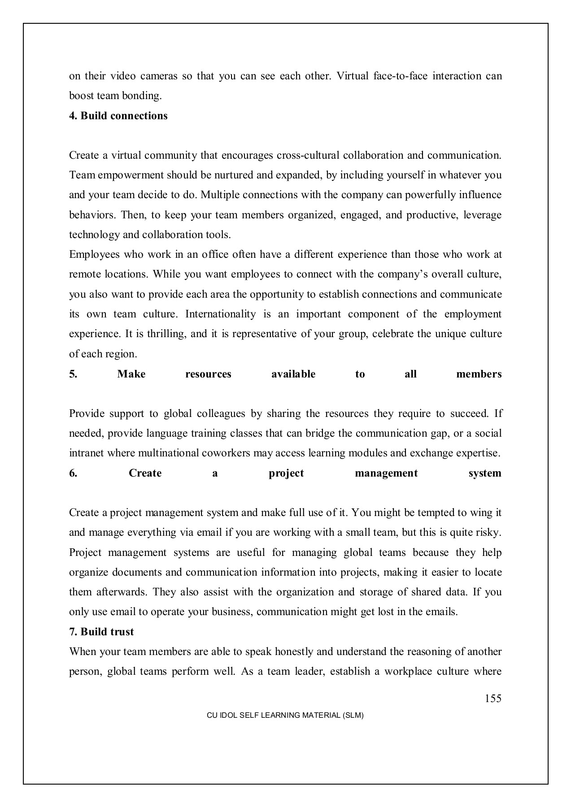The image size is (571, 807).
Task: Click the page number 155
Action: tap(493, 699)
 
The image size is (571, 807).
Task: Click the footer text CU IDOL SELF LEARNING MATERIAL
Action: tap(285, 716)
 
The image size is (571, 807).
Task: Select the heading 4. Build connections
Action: tap(118, 116)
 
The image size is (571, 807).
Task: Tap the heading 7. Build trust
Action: tap(101, 632)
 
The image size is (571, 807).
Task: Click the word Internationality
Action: tap(220, 314)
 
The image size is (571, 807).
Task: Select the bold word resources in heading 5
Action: tap(208, 374)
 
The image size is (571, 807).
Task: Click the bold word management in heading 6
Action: tap(386, 473)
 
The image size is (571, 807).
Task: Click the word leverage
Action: tap(482, 215)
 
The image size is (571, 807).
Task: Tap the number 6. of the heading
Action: tap(73, 473)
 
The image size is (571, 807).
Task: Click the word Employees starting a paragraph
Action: tap(94, 255)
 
